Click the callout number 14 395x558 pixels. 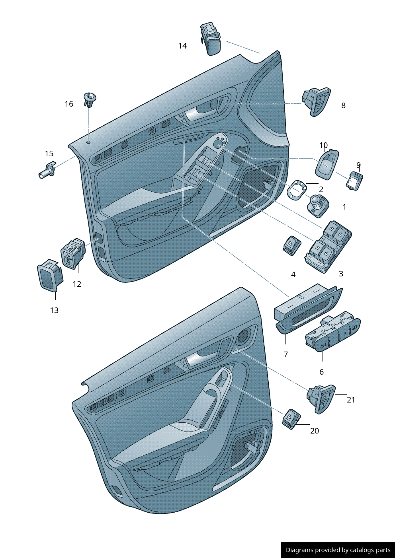pos(182,46)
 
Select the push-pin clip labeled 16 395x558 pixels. pos(90,99)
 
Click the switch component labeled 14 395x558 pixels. pos(211,39)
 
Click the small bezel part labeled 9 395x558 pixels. pos(354,181)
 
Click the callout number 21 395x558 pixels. pos(351,400)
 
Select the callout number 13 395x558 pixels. pos(54,310)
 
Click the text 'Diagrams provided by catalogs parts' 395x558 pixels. pos(338,550)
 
